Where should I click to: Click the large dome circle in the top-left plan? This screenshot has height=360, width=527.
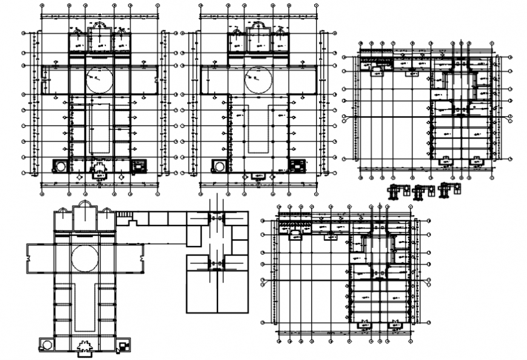[x=99, y=79]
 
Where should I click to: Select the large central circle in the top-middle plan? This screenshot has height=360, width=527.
[x=258, y=79]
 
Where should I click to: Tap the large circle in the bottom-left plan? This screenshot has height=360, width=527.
[x=85, y=259]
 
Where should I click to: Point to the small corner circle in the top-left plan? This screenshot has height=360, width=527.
[x=61, y=166]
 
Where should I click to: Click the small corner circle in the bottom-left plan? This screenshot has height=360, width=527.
[x=47, y=345]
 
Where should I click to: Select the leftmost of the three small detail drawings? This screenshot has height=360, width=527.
[x=397, y=191]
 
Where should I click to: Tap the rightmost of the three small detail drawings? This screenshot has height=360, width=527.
[x=446, y=190]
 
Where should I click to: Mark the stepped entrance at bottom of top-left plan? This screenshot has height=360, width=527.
[x=99, y=168]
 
